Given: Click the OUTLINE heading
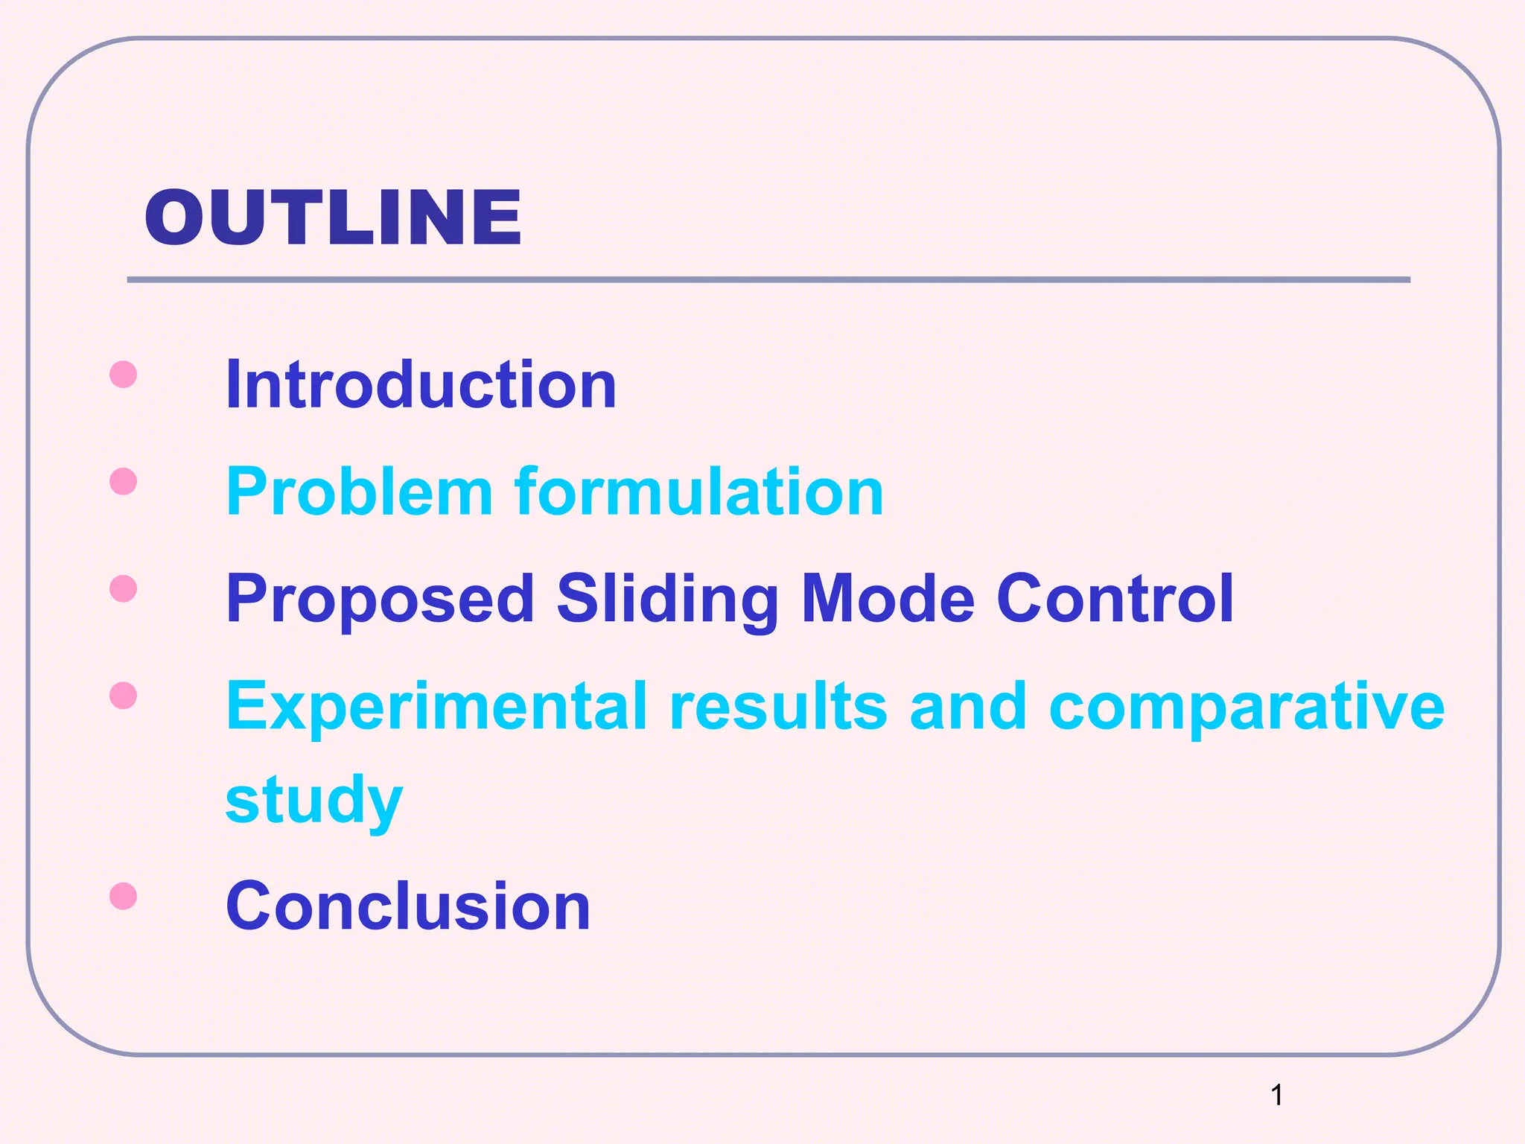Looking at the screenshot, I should [333, 217].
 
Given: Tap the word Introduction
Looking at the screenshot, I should [421, 384].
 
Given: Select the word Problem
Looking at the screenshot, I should [359, 492].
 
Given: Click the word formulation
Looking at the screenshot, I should [698, 492].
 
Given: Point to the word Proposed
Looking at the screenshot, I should [380, 599].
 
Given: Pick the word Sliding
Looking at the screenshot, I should [667, 600].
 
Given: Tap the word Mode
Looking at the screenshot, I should [888, 599].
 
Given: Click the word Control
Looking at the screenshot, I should [1115, 599].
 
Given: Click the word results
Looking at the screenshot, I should [778, 708].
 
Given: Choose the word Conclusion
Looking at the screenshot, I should [408, 906].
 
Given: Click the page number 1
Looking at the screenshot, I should [1276, 1095].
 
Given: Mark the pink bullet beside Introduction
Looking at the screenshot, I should [123, 375].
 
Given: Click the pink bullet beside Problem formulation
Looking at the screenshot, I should [123, 482].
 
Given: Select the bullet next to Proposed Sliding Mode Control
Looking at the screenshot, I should [123, 589].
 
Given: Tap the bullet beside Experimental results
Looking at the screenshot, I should [123, 696].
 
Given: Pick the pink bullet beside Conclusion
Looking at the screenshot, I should [123, 896].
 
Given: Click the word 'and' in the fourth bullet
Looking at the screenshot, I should [968, 708].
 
